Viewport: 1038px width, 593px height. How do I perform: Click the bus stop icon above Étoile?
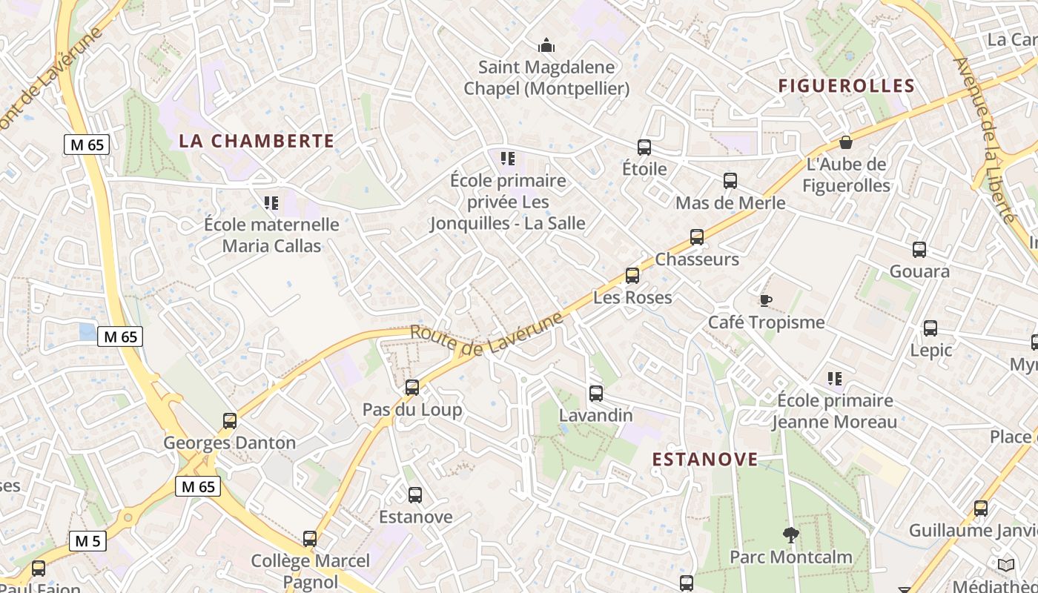644,147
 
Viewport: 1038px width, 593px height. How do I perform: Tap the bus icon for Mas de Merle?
730,180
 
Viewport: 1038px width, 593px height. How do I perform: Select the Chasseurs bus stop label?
697,259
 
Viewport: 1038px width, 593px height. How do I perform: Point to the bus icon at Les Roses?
632,275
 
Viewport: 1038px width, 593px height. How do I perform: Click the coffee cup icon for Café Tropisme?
766,300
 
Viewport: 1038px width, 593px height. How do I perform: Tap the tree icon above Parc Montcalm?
791,534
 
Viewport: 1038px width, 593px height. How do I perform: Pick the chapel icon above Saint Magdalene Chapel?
546,46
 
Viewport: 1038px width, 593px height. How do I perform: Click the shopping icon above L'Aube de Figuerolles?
846,142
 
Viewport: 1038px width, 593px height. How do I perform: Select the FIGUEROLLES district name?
846,86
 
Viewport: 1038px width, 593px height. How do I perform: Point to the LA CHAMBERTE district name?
257,141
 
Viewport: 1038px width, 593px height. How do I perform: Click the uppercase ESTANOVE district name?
705,460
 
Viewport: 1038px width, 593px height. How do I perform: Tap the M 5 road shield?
87,541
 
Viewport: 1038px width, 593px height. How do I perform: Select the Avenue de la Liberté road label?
984,139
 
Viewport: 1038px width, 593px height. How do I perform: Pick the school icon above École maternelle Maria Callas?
271,202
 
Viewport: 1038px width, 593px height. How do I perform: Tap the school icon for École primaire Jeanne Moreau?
835,379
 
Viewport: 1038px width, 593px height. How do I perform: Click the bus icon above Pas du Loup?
412,387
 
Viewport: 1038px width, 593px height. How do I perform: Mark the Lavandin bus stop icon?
596,393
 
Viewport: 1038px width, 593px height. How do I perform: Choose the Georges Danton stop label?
229,443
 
